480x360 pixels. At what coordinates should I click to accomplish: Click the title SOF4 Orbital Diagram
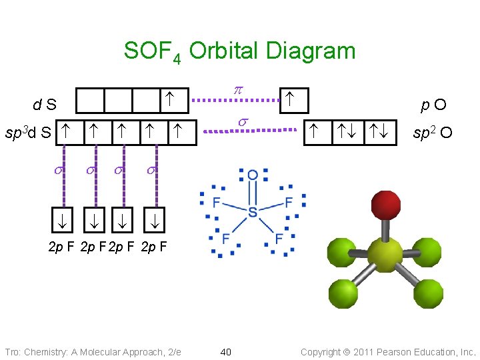239,51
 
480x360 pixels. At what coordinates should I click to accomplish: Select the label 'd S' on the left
45,105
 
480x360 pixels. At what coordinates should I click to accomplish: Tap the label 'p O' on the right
433,105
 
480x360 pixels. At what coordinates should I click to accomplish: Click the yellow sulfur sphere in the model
385,254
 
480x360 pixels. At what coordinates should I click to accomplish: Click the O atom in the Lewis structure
253,175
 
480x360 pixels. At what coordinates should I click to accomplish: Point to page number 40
225,351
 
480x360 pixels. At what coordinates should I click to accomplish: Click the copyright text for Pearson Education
388,351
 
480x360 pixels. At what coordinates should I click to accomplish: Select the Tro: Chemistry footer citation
93,351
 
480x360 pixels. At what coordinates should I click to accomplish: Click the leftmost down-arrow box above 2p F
64,219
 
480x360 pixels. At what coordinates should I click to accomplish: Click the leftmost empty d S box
90,101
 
